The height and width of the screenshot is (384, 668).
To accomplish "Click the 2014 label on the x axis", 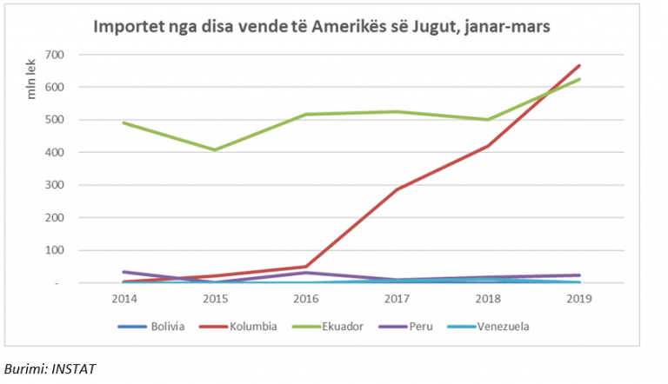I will coord(124,300).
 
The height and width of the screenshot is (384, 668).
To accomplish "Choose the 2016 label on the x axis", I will coord(306,300).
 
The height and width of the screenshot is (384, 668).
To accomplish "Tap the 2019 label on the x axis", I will coord(579,300).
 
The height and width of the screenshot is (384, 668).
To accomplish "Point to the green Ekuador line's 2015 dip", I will coord(215,149).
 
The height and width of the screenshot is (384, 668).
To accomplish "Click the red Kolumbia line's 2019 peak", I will coord(579,66).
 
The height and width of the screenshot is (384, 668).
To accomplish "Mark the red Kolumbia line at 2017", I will coord(397,189).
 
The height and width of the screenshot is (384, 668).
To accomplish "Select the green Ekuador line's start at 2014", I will coord(124,122).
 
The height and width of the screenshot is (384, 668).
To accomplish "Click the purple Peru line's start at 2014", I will coord(124,272).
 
